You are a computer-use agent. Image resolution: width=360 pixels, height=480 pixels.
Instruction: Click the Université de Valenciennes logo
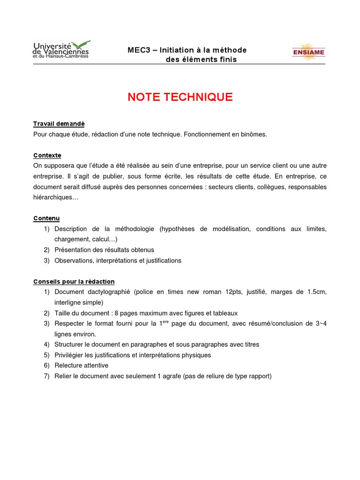pyautogui.click(x=61, y=50)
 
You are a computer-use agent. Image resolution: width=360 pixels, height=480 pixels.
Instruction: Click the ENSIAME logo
pyautogui.click(x=308, y=52)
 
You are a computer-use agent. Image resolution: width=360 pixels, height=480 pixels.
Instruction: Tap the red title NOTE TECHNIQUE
pyautogui.click(x=180, y=97)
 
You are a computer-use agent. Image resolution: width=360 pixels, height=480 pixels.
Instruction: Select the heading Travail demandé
pyautogui.click(x=59, y=124)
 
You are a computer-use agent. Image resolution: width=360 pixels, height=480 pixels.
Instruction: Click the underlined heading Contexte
pyautogui.click(x=47, y=155)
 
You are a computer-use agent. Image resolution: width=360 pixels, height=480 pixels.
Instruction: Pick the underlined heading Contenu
pyautogui.click(x=46, y=218)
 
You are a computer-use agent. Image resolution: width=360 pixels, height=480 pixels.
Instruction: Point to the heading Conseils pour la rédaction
pyautogui.click(x=74, y=282)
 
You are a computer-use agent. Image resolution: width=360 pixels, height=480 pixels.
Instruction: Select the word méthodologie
pyautogui.click(x=134, y=229)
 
